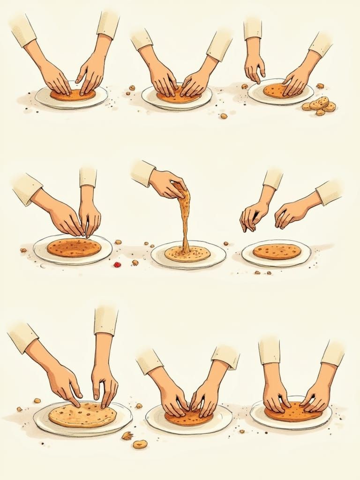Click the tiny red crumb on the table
117,265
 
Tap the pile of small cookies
320,105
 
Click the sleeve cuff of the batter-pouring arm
142,172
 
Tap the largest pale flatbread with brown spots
82,414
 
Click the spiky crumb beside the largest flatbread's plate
127,436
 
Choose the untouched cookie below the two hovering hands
277,251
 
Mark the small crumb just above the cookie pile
320,86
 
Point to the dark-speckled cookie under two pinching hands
74,247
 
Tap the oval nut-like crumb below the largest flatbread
140,444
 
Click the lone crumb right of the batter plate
226,244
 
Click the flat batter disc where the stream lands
187,254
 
